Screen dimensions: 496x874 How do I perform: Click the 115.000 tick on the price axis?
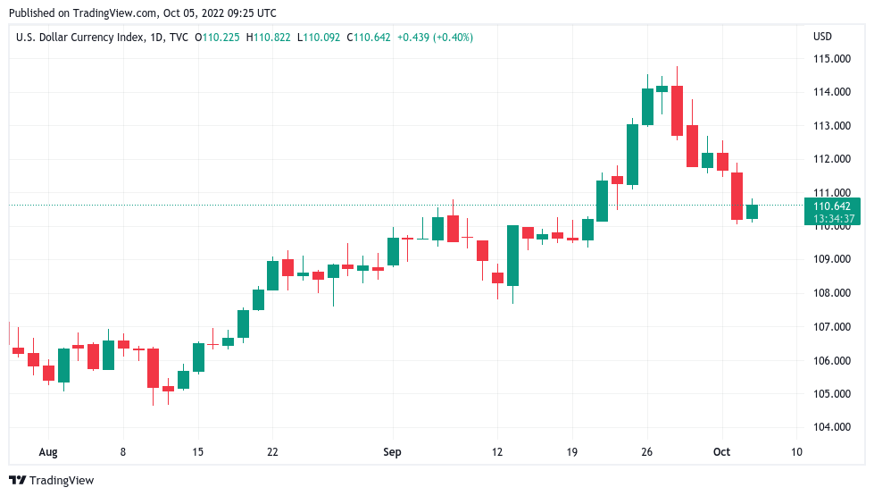click(x=832, y=59)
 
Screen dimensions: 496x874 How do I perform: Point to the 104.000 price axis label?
click(x=832, y=427)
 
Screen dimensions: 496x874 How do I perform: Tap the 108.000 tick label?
click(x=832, y=293)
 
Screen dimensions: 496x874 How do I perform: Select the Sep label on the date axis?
click(x=392, y=452)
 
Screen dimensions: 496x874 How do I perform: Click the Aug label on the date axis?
click(x=48, y=452)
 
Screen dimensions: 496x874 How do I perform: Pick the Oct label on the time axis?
click(x=721, y=452)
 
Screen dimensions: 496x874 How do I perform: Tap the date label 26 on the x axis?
click(x=648, y=452)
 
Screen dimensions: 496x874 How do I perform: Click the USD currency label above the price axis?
click(x=822, y=37)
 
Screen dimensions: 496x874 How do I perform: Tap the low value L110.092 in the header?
click(x=322, y=38)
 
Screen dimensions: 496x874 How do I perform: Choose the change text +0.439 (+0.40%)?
click(x=436, y=38)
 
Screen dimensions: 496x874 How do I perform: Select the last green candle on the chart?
click(x=752, y=212)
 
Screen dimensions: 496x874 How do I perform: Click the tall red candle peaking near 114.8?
click(x=678, y=111)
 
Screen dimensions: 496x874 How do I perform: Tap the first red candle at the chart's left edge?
click(x=18, y=350)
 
